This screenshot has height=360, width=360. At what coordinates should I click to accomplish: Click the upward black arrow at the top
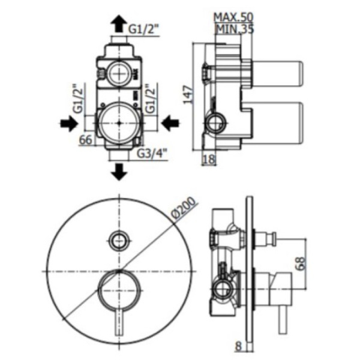click(118, 23)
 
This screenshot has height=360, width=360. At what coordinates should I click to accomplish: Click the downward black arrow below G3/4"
click(118, 172)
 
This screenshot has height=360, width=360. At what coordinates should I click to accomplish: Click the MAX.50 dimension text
click(233, 17)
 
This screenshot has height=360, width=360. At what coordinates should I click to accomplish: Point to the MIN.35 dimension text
click(235, 29)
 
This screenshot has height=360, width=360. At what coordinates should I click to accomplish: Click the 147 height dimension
click(188, 94)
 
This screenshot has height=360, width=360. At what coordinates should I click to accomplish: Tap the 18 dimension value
click(209, 159)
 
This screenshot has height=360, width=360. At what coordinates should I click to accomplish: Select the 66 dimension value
click(86, 140)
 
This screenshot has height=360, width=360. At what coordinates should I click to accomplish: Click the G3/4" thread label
click(152, 154)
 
